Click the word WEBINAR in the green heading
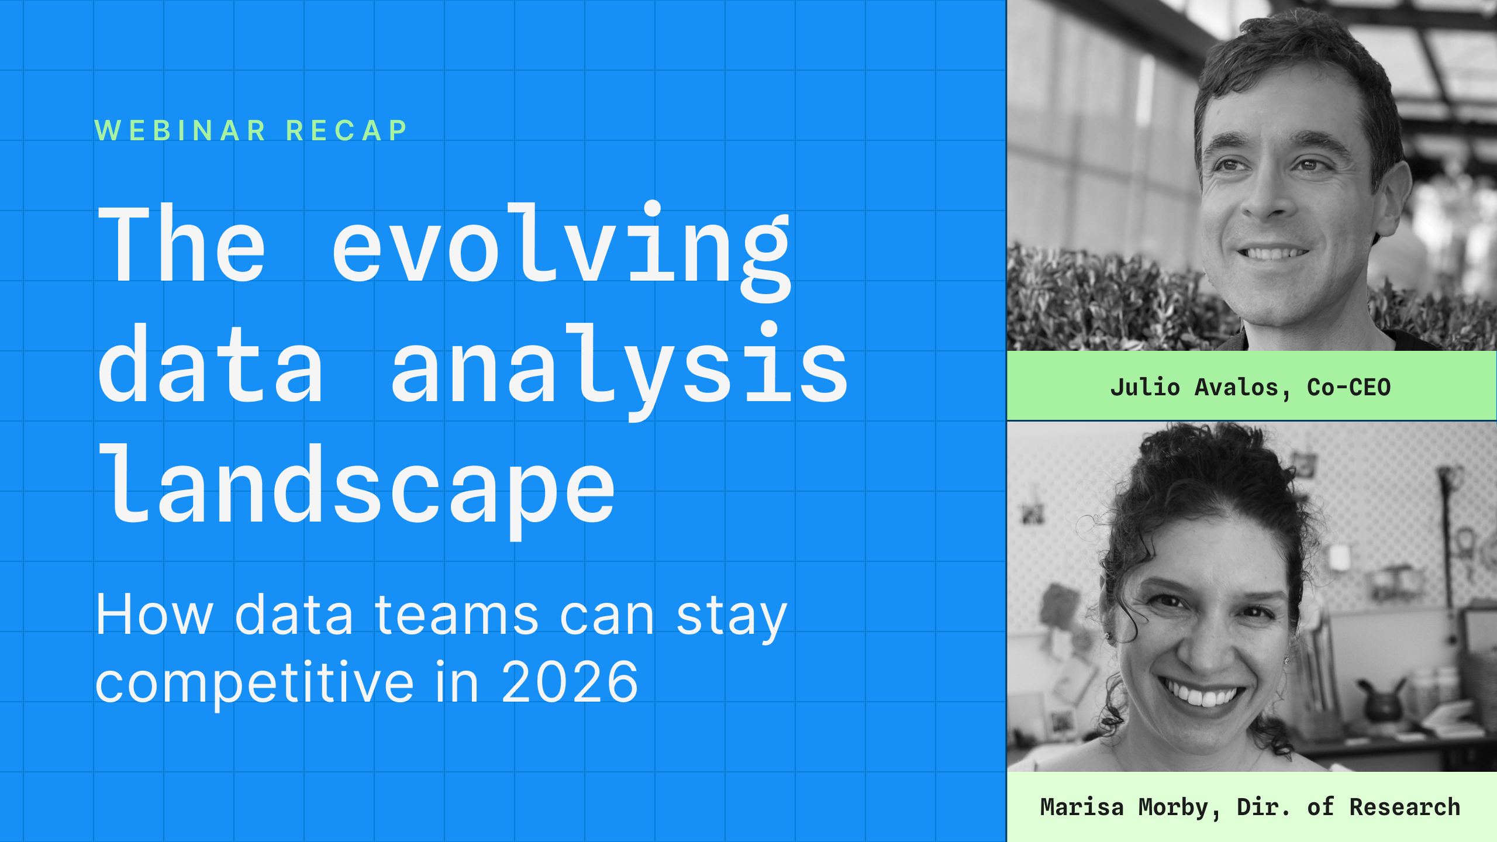tap(180, 130)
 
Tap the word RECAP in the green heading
tap(347, 130)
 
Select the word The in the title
tap(182, 243)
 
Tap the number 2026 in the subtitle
tap(570, 681)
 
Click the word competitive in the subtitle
tap(254, 683)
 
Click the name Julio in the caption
tap(1145, 387)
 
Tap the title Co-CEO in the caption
tap(1348, 387)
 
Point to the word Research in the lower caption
tap(1405, 807)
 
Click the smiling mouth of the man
tap(1274, 253)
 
